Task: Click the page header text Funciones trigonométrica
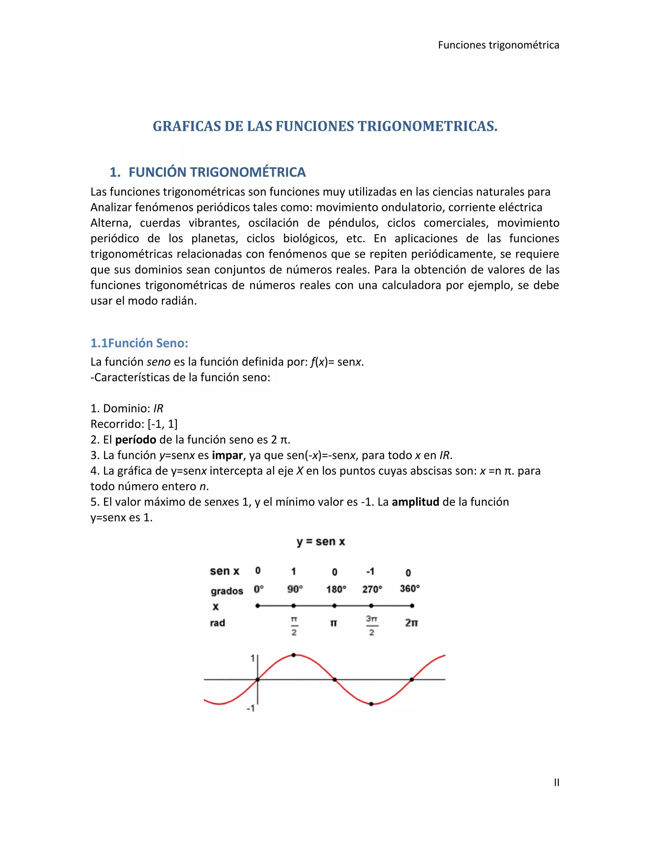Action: (x=498, y=45)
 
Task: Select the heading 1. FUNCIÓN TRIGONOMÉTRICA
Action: (x=208, y=172)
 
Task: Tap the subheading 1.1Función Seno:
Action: (x=139, y=343)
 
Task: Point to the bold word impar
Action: (x=227, y=455)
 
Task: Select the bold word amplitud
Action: (x=415, y=502)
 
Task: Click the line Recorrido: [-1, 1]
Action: (x=134, y=424)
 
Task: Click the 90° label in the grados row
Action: (x=295, y=589)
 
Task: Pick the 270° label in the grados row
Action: (x=372, y=589)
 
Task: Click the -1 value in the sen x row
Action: (x=370, y=572)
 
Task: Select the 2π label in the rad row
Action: (x=411, y=623)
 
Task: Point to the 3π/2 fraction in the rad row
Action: (x=372, y=626)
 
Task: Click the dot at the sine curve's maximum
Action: (x=294, y=655)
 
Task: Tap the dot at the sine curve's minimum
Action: (x=371, y=704)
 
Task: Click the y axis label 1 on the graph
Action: (x=253, y=659)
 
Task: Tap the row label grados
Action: (x=227, y=591)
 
